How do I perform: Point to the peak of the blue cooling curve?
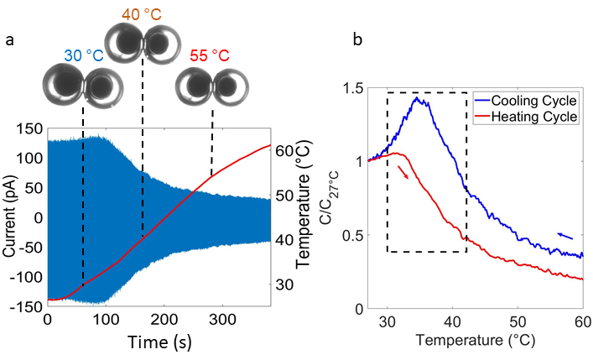(416, 98)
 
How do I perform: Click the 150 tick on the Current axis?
(31, 128)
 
